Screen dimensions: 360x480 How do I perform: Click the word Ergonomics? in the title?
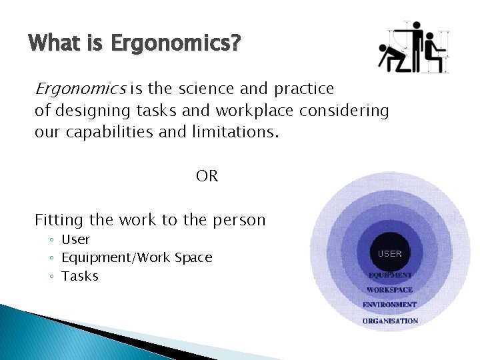point(176,44)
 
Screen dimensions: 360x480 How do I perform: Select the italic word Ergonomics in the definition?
point(80,89)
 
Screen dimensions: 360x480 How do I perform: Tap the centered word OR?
point(207,176)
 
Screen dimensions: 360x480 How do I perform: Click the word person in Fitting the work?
point(239,220)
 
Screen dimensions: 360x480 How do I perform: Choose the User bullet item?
point(75,239)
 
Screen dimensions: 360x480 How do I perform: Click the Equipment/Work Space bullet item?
point(137,257)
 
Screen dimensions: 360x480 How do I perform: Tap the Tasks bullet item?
point(80,276)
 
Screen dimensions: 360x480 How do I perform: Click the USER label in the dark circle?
point(390,253)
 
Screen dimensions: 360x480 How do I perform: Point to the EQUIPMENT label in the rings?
point(390,275)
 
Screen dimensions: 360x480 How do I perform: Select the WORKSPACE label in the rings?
point(390,290)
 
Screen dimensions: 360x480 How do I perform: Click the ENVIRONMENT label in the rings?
point(390,305)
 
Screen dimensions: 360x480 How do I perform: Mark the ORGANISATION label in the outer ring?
point(390,321)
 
